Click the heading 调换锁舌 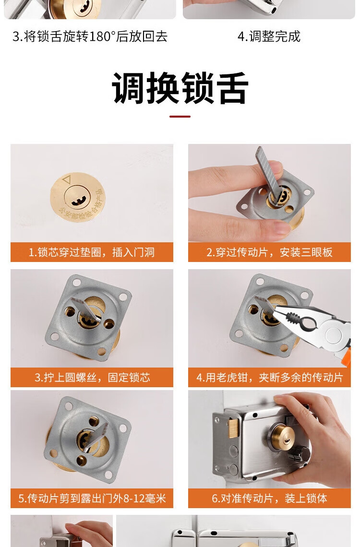180,88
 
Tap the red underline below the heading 180,117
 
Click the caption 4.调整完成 269,36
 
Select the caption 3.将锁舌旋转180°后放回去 90,36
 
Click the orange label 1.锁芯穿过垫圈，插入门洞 92,252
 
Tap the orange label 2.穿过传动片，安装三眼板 269,252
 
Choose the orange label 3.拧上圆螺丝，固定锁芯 92,377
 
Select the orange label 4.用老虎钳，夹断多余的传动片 269,377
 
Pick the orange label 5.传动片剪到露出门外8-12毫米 92,498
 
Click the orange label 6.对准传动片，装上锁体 269,498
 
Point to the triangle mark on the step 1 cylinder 66,180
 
